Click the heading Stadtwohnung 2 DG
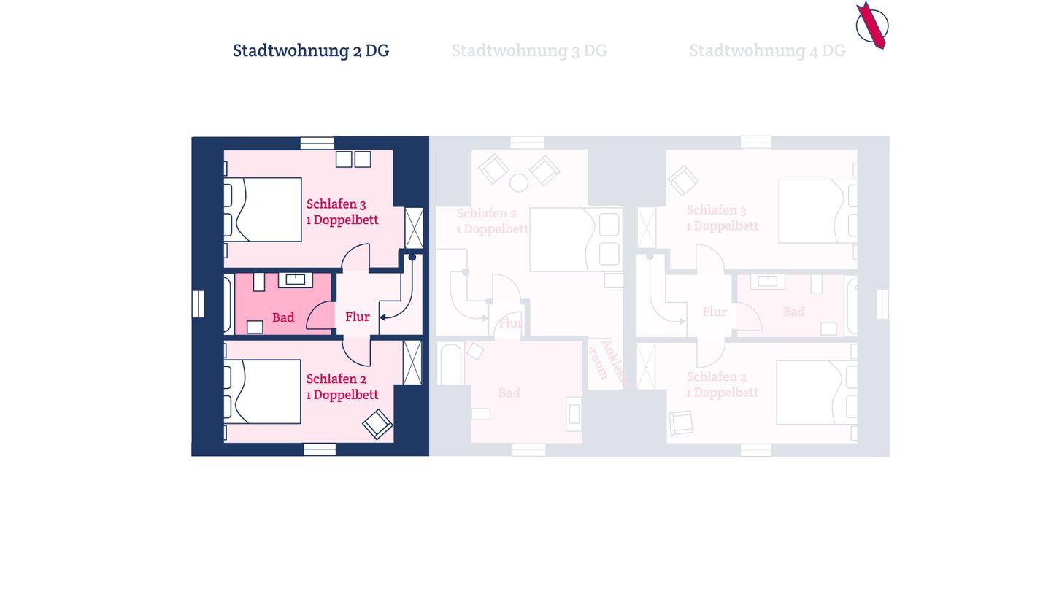pos(311,50)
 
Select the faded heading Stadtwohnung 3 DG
pos(529,50)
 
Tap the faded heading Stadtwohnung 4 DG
pos(767,50)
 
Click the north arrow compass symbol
pos(871,26)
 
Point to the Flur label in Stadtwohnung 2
pos(358,317)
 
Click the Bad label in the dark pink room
pos(283,317)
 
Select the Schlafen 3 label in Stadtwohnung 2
pos(336,204)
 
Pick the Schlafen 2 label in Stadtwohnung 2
pos(336,379)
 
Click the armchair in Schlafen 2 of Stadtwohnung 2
pos(377,424)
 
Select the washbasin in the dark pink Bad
pos(296,279)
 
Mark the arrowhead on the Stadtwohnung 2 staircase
pos(382,317)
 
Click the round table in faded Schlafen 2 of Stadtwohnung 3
pos(519,182)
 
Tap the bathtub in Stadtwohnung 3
pos(450,365)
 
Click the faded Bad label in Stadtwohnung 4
pos(794,312)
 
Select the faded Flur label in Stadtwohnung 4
pos(715,312)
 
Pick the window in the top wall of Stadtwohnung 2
pos(317,143)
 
